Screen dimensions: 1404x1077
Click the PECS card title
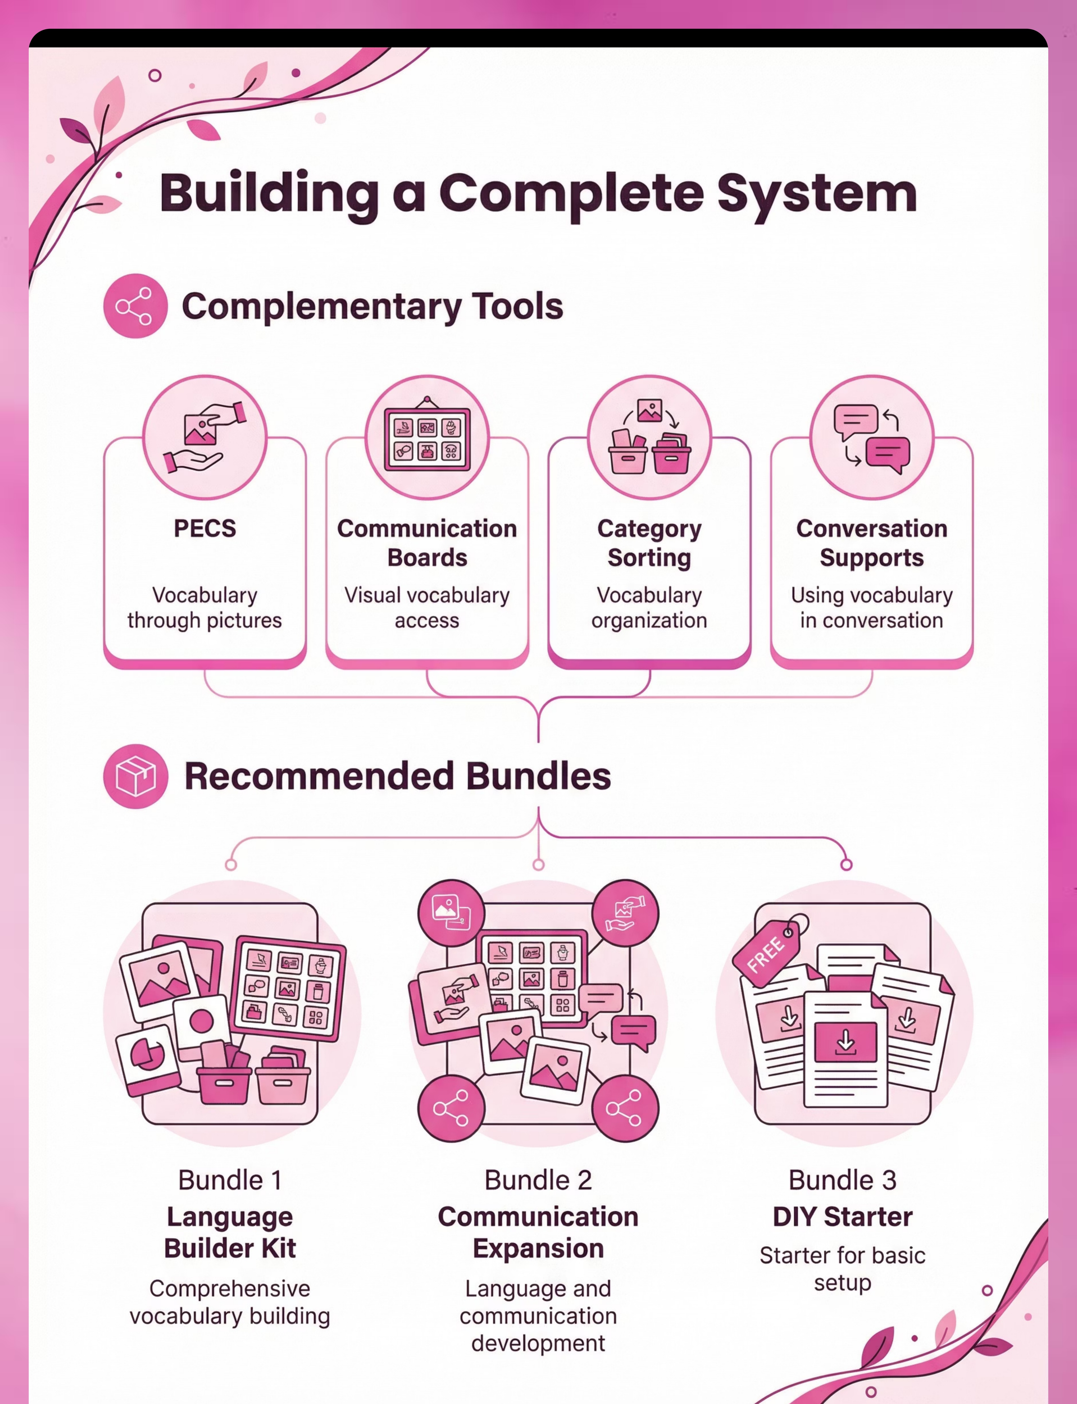pos(204,528)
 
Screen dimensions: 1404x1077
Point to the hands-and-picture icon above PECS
pos(204,437)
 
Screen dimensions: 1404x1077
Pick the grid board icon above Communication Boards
pos(427,437)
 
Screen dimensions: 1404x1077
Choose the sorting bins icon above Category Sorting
pos(649,437)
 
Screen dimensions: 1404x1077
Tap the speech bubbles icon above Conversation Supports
pos(872,437)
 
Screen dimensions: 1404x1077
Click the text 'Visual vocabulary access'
pos(427,608)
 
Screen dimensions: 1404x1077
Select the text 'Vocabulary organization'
pos(649,608)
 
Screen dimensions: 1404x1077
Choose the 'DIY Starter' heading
pos(842,1216)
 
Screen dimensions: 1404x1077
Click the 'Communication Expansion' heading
pos(538,1232)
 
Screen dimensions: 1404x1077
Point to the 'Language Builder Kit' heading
pos(230,1232)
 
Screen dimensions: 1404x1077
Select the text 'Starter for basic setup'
pos(842,1269)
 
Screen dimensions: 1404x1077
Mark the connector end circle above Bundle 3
pos(846,865)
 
